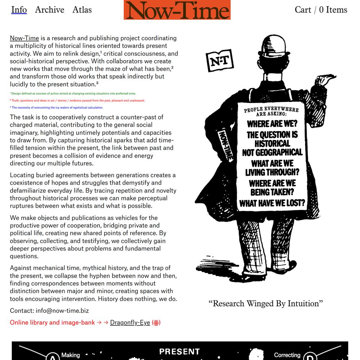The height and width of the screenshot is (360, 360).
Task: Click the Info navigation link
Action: point(19,10)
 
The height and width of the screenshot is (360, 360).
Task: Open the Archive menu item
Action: point(50,10)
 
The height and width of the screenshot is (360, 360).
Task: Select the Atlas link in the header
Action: point(82,10)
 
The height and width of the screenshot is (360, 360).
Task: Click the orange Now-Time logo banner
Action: point(177,10)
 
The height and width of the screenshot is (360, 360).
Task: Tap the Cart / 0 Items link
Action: point(321,10)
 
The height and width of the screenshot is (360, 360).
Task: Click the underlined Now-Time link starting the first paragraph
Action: point(24,38)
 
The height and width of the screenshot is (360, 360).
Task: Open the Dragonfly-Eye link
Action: point(130,323)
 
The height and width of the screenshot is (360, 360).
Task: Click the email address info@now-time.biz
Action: point(62,311)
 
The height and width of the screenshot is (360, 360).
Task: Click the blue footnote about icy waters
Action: point(57,108)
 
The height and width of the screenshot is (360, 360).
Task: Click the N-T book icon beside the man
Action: point(220,61)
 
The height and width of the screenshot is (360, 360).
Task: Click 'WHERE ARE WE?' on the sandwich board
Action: point(272,124)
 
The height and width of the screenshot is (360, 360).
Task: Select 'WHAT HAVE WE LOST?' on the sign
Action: point(272,203)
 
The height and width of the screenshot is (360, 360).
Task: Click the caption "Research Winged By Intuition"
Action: point(266,303)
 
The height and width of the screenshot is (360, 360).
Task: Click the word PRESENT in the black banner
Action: point(179,351)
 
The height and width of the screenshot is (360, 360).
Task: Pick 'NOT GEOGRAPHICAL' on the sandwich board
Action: point(272,152)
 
